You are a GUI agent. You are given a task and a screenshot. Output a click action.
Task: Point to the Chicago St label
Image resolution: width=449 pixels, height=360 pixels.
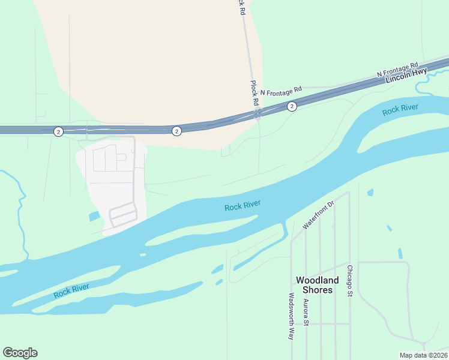pos(349,279)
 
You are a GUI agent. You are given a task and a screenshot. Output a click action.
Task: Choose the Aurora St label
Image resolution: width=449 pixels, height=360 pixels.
pos(306,313)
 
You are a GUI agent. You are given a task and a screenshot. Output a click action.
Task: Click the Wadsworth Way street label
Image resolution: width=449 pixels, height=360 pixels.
pos(291,316)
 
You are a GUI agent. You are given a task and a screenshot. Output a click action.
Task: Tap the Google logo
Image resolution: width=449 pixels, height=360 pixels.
pos(20,353)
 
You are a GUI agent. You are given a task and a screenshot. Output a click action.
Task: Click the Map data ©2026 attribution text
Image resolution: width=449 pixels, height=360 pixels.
pos(423,355)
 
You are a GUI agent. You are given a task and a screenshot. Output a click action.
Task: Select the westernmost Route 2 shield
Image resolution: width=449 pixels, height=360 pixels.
pos(58,131)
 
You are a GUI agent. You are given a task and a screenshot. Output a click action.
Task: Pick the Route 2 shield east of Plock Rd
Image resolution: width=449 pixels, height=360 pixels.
pos(292,106)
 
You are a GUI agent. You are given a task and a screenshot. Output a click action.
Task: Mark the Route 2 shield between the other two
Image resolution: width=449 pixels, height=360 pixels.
pos(176,131)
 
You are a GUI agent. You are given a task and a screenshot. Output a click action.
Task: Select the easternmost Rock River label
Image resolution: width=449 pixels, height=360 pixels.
pos(400,110)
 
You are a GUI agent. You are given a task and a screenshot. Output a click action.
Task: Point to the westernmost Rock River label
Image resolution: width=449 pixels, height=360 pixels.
pos(71,290)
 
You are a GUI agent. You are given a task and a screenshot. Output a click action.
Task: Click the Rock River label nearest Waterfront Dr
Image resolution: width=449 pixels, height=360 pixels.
pos(243,206)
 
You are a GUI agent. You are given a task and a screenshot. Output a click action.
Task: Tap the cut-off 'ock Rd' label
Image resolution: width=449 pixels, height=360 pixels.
pos(241,7)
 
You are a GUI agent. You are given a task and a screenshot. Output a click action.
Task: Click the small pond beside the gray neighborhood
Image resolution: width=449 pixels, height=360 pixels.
pos(94,217)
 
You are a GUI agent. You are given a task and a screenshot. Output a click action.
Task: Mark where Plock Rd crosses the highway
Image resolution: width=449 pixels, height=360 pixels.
pos(257,113)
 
